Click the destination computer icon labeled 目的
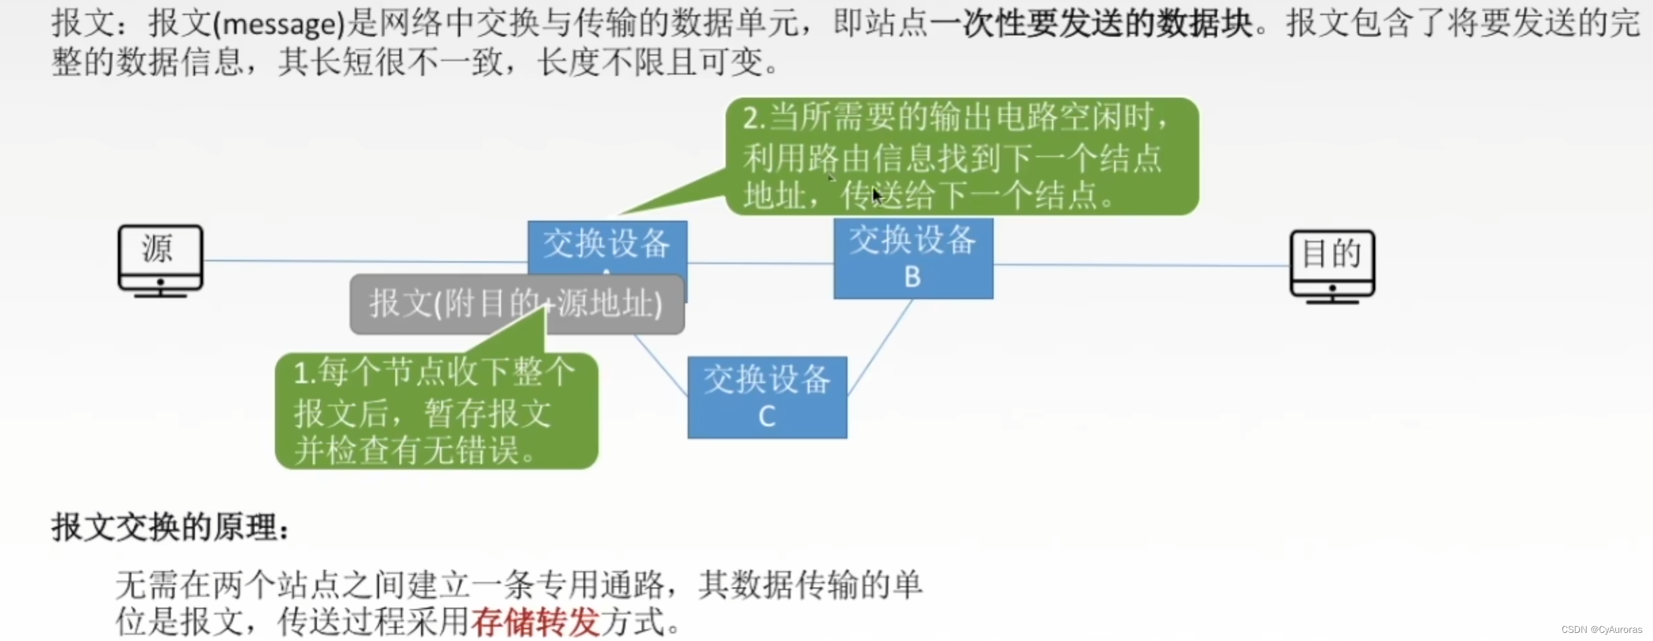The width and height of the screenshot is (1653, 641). [x=1332, y=266]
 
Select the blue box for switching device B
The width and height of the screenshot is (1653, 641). [x=913, y=258]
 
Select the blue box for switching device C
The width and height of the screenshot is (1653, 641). [x=767, y=397]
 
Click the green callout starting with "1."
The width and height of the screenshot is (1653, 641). [x=436, y=411]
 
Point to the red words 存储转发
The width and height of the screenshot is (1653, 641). [x=535, y=621]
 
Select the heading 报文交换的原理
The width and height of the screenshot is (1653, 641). [x=169, y=527]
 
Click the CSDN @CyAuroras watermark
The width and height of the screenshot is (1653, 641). [x=1601, y=630]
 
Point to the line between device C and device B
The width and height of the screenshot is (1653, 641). [x=880, y=346]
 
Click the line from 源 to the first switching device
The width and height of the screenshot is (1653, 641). [x=365, y=261]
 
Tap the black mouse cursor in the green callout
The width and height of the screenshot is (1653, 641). [x=877, y=196]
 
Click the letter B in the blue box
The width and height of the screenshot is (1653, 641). [x=912, y=277]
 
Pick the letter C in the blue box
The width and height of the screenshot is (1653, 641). [x=767, y=416]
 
